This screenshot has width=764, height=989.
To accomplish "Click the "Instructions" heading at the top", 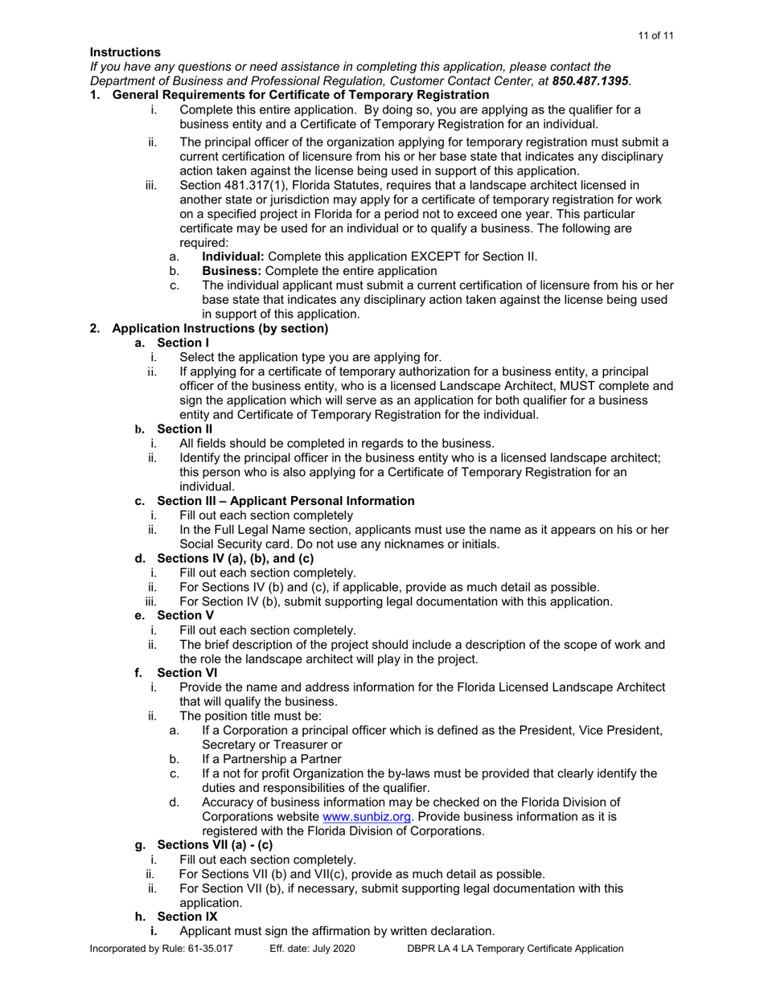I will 125,52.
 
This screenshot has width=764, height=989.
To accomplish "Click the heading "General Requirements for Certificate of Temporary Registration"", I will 290,96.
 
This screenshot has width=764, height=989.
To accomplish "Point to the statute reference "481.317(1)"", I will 252,186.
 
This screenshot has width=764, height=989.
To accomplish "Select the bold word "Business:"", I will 231,272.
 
